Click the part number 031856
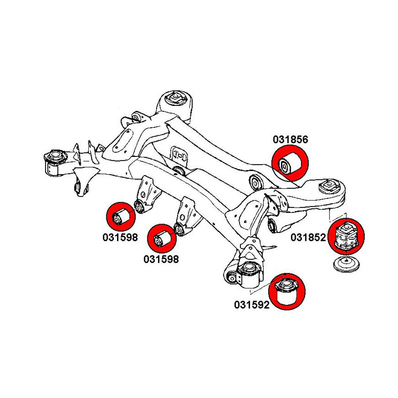pyautogui.click(x=290, y=139)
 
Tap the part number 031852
pyautogui.click(x=308, y=238)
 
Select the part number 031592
pyautogui.click(x=252, y=305)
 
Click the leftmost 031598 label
pyautogui.click(x=120, y=238)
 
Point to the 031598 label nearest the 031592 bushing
pyautogui.click(x=161, y=259)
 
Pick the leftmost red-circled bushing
pyautogui.click(x=121, y=217)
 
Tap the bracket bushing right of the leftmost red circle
pyautogui.click(x=139, y=206)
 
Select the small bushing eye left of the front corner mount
pyautogui.click(x=230, y=277)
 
